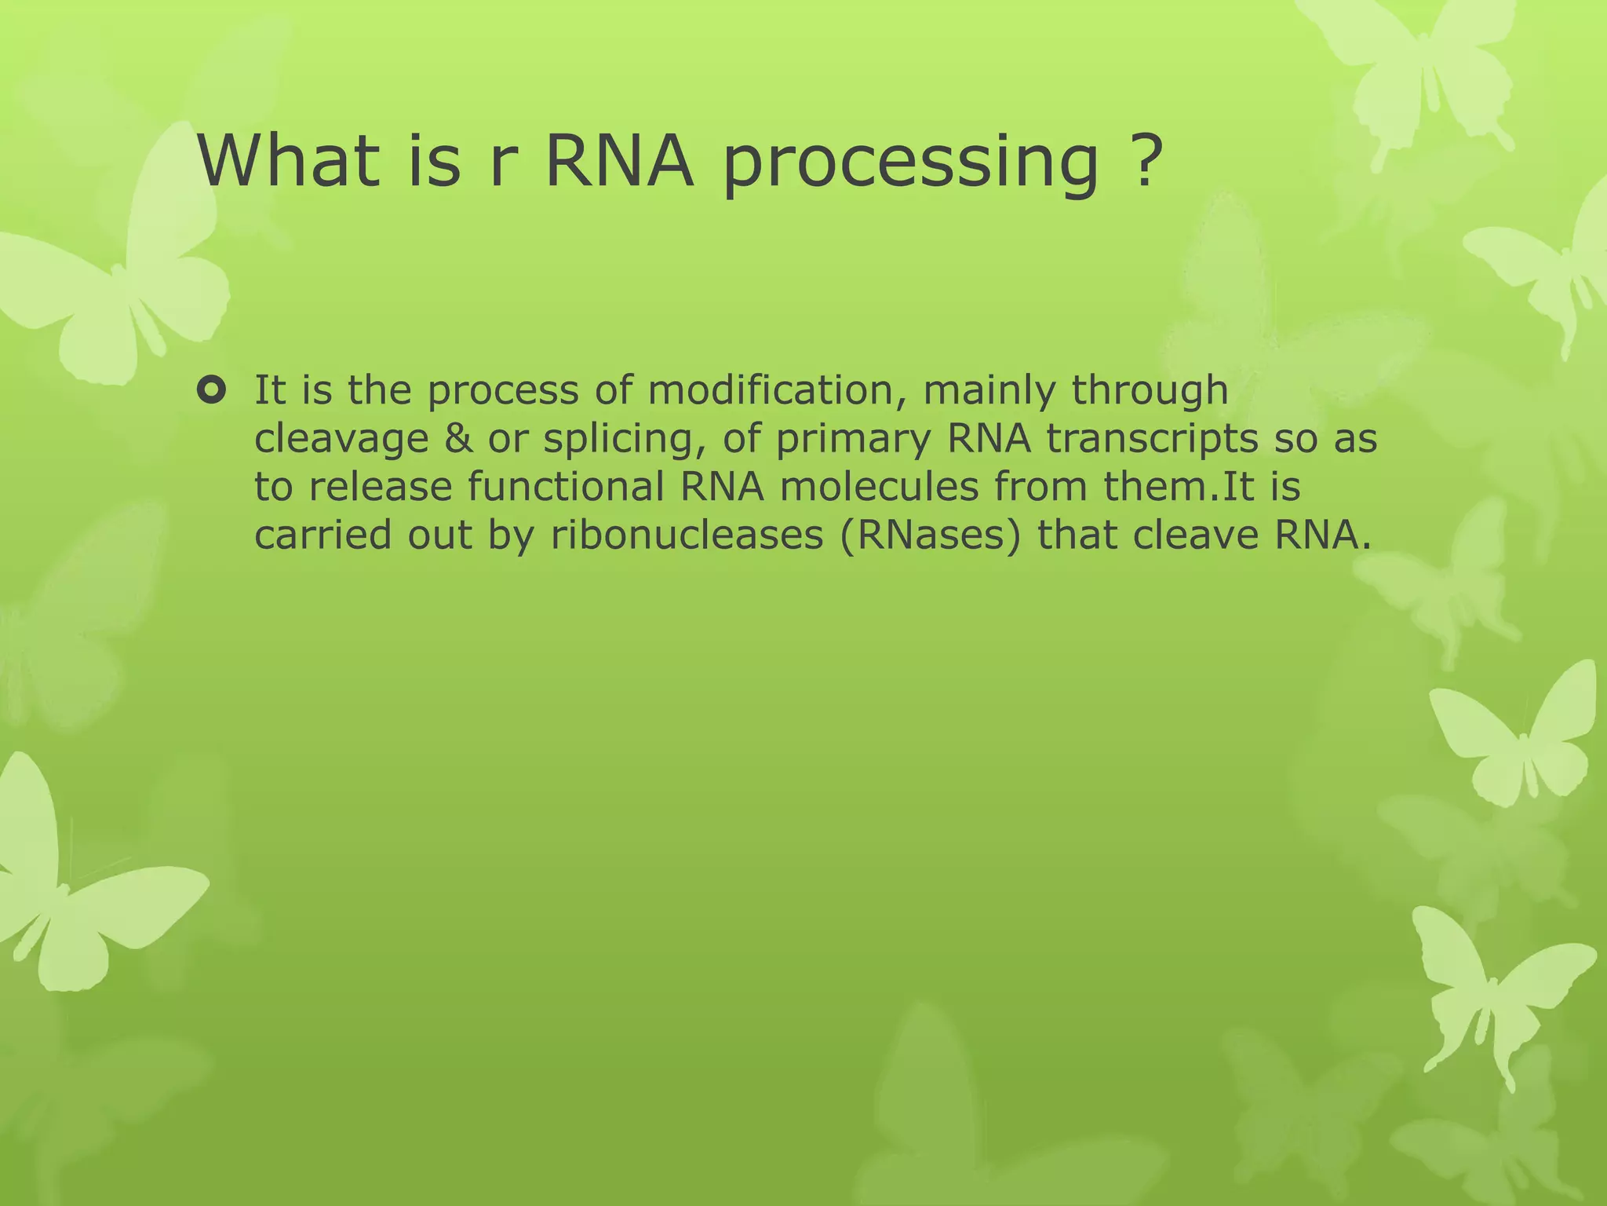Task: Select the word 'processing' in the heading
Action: click(x=910, y=165)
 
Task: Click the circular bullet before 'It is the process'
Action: click(x=212, y=389)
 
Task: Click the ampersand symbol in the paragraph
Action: click(x=458, y=438)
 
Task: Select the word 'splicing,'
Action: click(x=621, y=440)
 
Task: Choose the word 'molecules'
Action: click(x=879, y=487)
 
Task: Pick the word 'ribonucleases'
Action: click(x=687, y=535)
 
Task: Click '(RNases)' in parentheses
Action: click(x=931, y=536)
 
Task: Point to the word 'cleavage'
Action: click(x=342, y=440)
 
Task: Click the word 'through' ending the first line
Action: click(x=1150, y=392)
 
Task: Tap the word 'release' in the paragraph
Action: click(x=381, y=487)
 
